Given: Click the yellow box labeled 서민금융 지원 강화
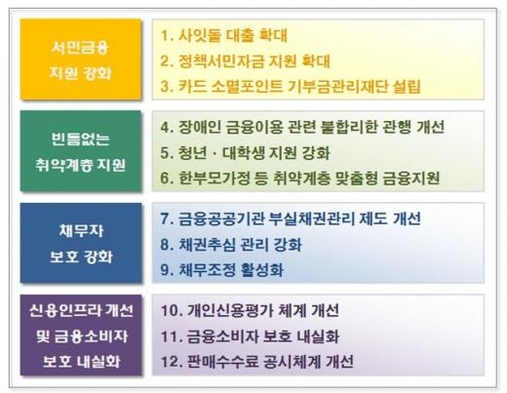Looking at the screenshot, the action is click(x=81, y=59).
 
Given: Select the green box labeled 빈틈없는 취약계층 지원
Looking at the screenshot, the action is click(x=81, y=151).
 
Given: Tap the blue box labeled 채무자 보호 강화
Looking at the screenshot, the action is click(x=81, y=243).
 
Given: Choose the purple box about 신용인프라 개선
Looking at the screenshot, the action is click(x=81, y=334).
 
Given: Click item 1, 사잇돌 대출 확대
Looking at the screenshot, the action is click(x=224, y=35).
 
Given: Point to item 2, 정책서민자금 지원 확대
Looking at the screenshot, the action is click(x=246, y=60).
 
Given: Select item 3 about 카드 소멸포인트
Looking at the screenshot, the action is click(x=291, y=86).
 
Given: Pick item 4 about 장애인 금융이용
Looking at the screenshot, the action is click(x=302, y=127).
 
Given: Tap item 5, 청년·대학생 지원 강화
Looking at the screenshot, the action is click(x=246, y=153).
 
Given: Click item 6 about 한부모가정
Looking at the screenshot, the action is click(x=300, y=178).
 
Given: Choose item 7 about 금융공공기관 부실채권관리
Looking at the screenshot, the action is click(x=291, y=218).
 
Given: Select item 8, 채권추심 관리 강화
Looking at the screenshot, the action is click(x=231, y=245).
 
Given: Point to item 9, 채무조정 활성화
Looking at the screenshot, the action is click(x=222, y=270).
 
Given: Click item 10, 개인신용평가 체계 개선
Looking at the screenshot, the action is click(x=250, y=310).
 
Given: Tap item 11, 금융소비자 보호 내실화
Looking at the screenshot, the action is click(x=250, y=336).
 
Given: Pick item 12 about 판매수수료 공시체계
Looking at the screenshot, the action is click(x=257, y=362).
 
